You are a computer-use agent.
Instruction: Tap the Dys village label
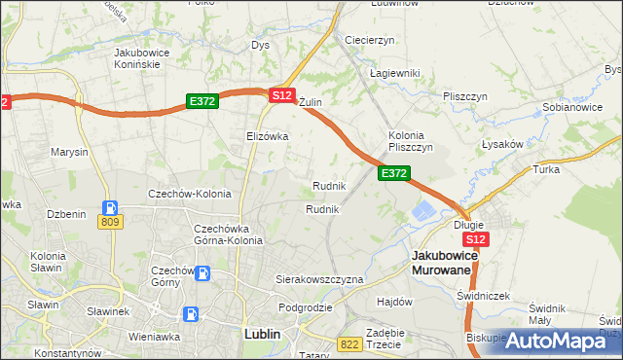click(x=260, y=45)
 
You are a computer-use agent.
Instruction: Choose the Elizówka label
click(x=268, y=136)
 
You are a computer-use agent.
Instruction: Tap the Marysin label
click(x=70, y=153)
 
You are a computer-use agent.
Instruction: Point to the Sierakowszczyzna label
click(x=318, y=279)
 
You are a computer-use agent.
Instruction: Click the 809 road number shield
click(x=110, y=222)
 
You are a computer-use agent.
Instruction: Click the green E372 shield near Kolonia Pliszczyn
click(x=393, y=173)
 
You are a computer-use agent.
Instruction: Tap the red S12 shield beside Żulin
click(x=281, y=95)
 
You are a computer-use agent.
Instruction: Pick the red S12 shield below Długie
click(x=475, y=239)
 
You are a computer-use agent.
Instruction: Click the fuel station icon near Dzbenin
click(x=111, y=206)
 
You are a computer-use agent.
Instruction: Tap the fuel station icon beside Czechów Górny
click(x=202, y=273)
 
